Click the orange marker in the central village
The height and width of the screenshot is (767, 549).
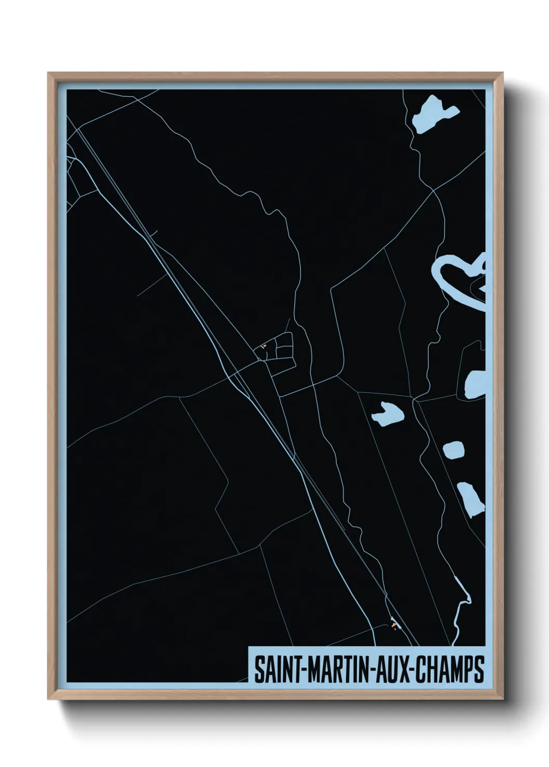(x=264, y=346)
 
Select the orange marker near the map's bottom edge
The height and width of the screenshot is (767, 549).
(x=395, y=626)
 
